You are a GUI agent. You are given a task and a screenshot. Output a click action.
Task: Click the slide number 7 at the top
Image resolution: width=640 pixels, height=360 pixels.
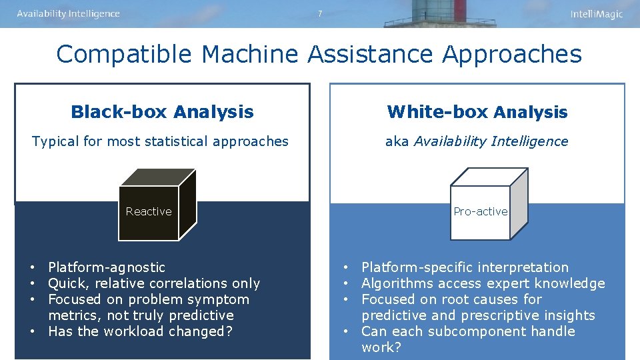(x=320, y=13)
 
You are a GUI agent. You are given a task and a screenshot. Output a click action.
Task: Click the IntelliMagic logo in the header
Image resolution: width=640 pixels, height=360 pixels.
(x=596, y=14)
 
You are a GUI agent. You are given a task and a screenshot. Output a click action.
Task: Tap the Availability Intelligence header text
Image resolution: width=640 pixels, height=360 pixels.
(x=68, y=14)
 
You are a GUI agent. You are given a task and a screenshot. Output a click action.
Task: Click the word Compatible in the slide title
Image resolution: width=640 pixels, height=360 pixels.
(x=125, y=55)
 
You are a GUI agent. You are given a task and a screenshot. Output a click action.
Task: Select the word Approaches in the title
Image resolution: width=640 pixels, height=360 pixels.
(x=511, y=55)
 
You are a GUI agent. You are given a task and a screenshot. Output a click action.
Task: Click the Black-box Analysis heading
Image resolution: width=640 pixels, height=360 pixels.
(x=162, y=112)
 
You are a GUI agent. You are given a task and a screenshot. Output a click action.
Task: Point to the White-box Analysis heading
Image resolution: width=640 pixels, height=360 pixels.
(x=477, y=112)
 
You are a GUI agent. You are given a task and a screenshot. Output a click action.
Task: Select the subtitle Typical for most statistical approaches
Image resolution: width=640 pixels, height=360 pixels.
(x=161, y=141)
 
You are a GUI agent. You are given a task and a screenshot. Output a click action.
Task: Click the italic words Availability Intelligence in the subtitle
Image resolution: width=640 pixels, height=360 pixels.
(x=491, y=141)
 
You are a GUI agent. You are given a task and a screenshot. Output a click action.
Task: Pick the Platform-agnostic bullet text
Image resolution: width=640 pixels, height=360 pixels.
(x=107, y=267)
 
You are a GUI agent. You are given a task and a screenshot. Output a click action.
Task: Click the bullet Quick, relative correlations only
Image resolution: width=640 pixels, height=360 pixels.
(x=154, y=283)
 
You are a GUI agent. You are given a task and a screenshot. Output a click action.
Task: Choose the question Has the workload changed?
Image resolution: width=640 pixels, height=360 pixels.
(x=140, y=331)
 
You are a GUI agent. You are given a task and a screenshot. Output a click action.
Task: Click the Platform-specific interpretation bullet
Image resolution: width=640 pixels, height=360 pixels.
(x=465, y=267)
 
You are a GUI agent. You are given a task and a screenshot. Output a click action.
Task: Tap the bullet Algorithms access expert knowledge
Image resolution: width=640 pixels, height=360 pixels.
(x=483, y=283)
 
